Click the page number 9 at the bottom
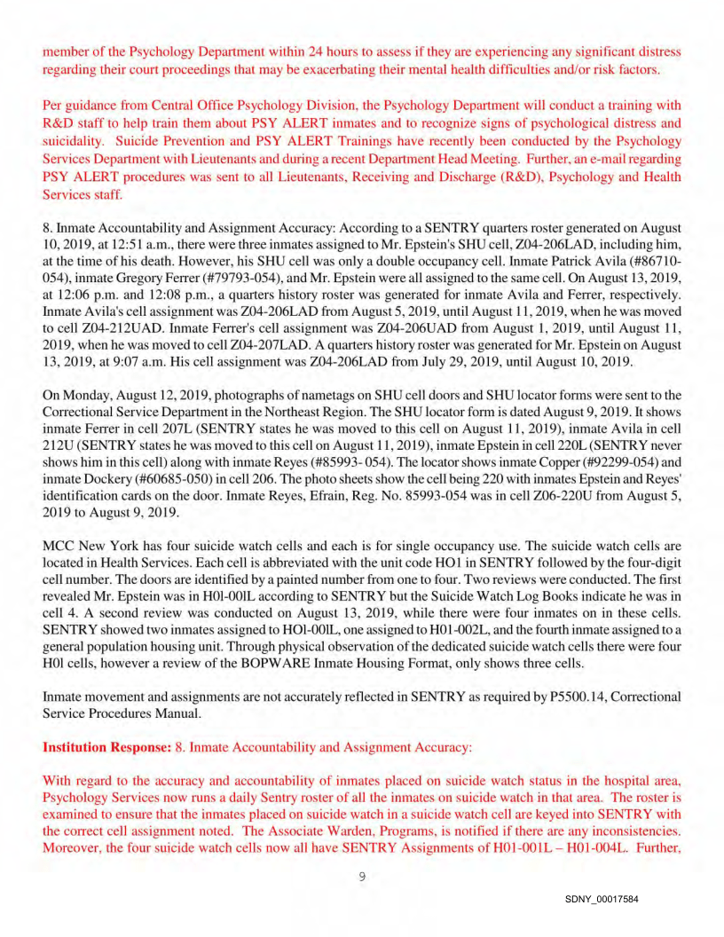[362, 878]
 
